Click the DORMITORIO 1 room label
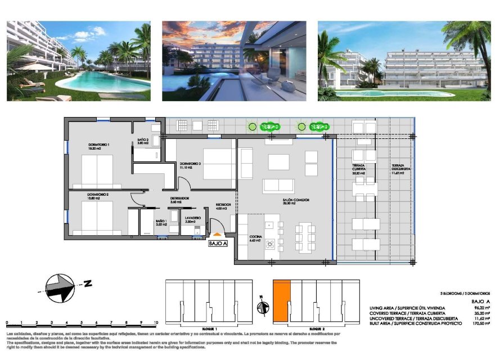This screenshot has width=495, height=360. pyautogui.click(x=98, y=145)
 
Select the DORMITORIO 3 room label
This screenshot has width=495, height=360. pyautogui.click(x=190, y=164)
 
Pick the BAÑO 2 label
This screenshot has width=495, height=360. pyautogui.click(x=142, y=140)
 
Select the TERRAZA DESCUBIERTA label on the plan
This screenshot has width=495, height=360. pyautogui.click(x=401, y=168)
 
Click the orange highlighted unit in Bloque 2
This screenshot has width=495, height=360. pyautogui.click(x=281, y=301)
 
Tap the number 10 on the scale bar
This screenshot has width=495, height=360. pyautogui.click(x=155, y=323)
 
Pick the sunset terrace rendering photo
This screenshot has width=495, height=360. pyautogui.click(x=234, y=61)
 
